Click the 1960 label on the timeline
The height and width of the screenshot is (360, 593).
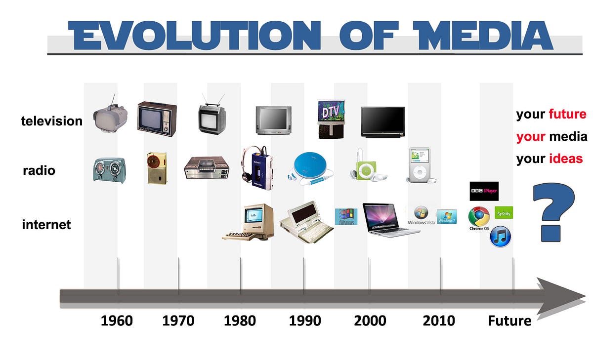(x=117, y=321)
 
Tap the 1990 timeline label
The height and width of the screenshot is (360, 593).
(x=305, y=321)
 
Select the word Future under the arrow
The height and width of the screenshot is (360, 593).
(x=509, y=321)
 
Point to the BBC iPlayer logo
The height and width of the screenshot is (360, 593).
(x=484, y=191)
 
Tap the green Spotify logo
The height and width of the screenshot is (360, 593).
(x=504, y=213)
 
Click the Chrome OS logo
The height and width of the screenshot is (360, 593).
(x=479, y=217)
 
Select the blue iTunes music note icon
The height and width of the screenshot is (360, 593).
(x=500, y=237)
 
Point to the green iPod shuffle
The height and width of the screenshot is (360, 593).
(x=365, y=169)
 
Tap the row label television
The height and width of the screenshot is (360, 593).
(x=52, y=121)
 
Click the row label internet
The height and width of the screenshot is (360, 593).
(x=46, y=225)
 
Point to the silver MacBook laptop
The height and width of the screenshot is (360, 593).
(x=383, y=219)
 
